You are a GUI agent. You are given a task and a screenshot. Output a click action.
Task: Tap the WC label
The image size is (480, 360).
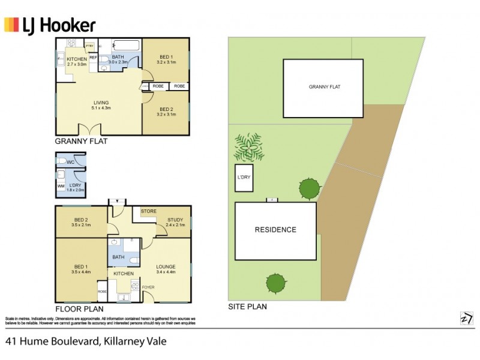pos(71,162)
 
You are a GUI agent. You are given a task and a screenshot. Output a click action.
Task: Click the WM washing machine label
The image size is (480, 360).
pos(61,186)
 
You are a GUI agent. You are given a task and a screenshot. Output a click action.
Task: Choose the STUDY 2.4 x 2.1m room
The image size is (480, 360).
pos(175,222)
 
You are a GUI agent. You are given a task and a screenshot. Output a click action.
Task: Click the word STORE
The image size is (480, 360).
pos(148,211)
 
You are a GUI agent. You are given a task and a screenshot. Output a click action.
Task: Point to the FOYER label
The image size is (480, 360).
pos(148,287)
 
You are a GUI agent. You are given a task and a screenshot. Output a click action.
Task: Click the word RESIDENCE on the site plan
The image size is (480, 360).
pos(275,230)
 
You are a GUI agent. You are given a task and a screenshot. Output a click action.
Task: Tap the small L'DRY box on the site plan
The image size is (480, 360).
pos(244,178)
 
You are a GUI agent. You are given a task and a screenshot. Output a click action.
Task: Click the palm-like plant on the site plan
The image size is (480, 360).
pos(249,148)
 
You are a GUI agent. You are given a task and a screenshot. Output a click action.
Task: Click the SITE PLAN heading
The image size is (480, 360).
pos(247,306)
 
